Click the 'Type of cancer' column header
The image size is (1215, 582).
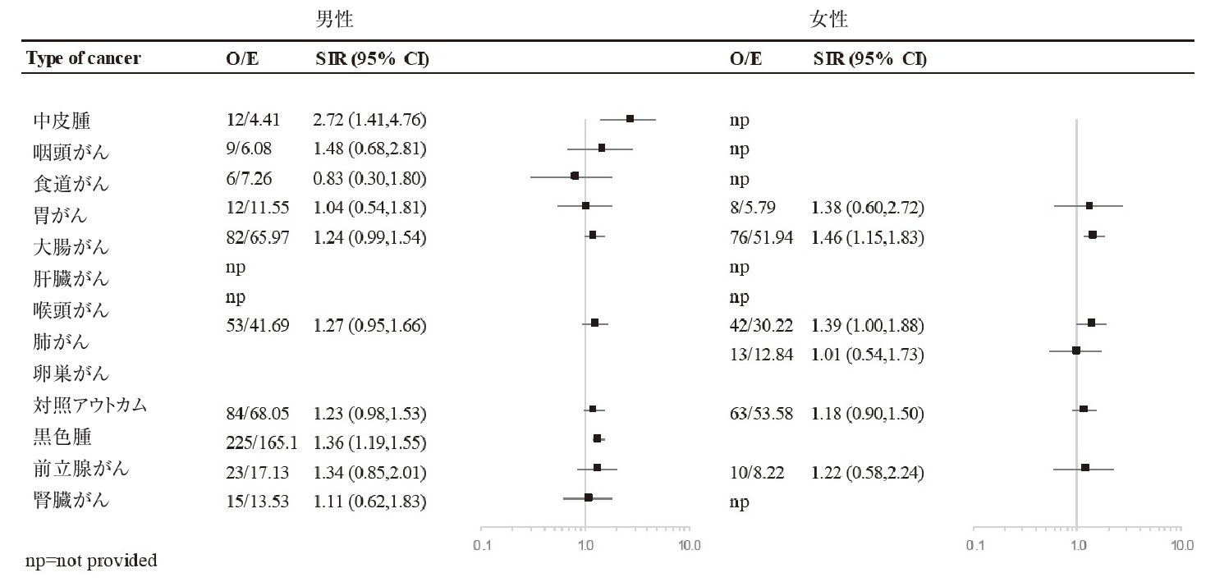83,59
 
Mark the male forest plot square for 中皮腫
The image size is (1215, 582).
630,119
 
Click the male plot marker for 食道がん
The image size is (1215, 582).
575,176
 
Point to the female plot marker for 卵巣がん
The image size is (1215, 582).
1075,351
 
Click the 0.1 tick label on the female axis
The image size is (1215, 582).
974,545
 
